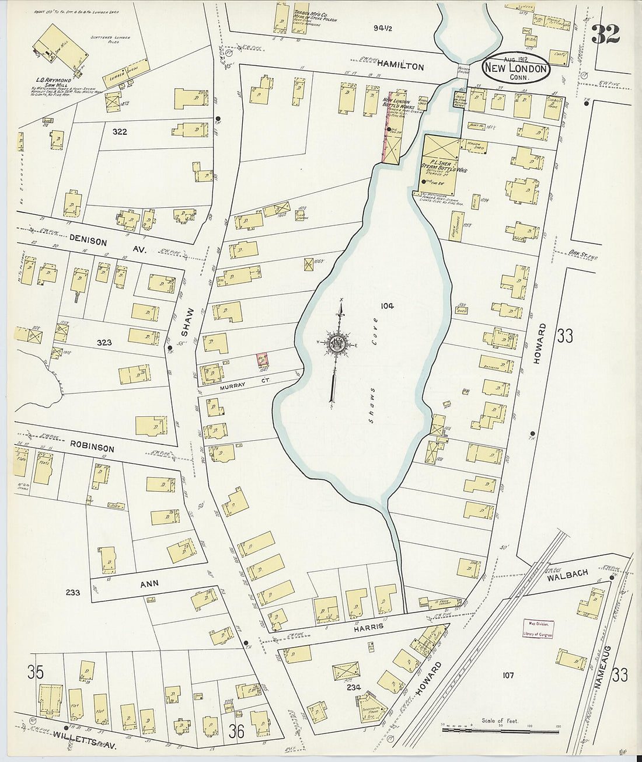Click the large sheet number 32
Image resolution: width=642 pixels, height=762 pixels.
tap(605, 34)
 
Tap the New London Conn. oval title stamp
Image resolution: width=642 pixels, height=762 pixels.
tap(516, 69)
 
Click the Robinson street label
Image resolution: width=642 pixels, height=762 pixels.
tap(92, 448)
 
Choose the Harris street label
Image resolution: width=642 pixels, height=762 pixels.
tap(367, 627)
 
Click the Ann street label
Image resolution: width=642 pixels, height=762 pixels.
tap(149, 583)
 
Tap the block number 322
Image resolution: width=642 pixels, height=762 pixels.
tap(120, 132)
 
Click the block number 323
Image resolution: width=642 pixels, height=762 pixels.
tap(103, 343)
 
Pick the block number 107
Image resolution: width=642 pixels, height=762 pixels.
tap(508, 676)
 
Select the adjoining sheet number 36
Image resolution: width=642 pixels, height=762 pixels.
tap(236, 730)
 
